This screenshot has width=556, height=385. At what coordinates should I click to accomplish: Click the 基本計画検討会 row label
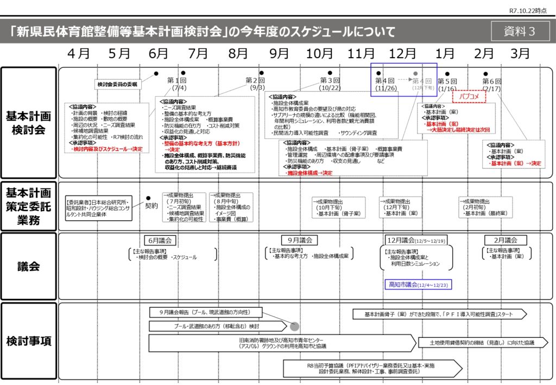tap(29, 123)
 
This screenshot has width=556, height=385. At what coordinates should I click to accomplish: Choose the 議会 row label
tap(29, 266)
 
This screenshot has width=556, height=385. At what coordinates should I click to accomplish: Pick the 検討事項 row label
tap(29, 341)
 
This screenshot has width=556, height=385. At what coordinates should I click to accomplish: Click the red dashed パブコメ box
tap(468, 96)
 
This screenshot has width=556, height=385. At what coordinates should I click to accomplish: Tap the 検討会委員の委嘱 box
tap(118, 84)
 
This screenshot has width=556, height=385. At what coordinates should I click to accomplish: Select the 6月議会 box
tap(159, 240)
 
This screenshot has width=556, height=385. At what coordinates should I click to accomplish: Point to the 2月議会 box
tap(505, 240)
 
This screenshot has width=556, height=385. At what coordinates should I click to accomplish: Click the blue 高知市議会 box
tap(418, 284)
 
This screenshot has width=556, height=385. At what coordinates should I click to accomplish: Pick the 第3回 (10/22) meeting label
tap(330, 84)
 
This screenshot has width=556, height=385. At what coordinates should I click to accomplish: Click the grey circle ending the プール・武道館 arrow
tap(294, 326)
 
